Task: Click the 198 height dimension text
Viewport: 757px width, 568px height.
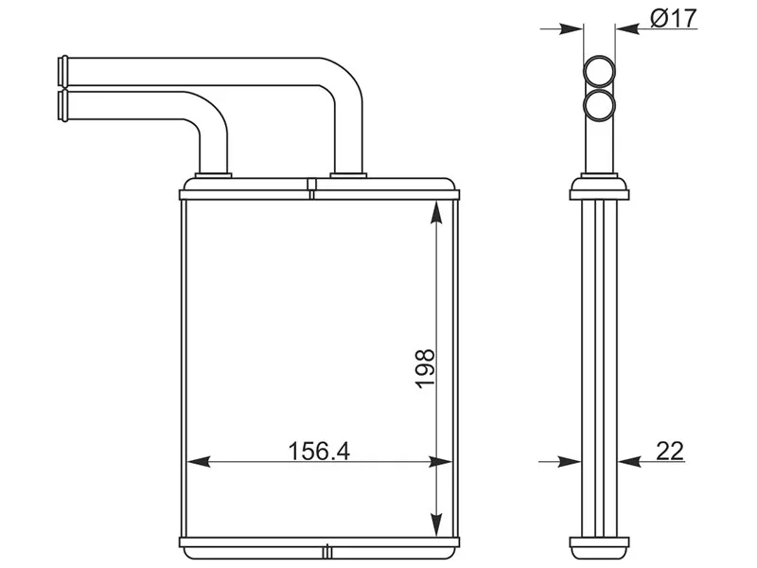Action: coord(425,368)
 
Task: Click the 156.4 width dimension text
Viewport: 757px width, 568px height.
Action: coord(319,452)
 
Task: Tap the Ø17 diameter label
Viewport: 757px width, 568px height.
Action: coord(674,18)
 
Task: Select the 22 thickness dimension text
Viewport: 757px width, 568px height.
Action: coord(670,452)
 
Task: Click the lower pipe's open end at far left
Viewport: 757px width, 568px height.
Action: coord(63,105)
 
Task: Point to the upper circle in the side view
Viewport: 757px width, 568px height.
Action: coord(599,72)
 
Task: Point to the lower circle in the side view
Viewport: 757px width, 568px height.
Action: coord(599,105)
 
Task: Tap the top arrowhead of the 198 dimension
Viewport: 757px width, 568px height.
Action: coord(436,212)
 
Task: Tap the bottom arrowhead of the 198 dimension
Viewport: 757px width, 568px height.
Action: coord(436,524)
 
